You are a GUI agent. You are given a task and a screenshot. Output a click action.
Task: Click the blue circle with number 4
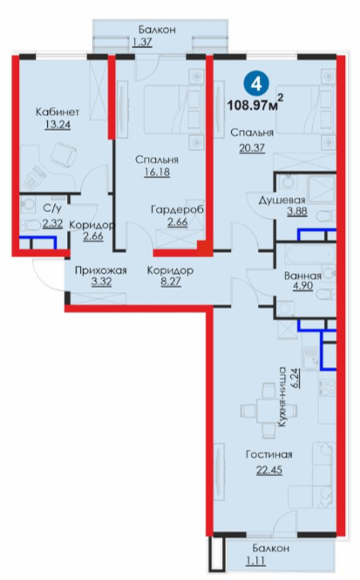(x=256, y=84)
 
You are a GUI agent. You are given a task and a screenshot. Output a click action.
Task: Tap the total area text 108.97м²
(x=255, y=104)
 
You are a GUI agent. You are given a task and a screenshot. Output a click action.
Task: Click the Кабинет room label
(x=58, y=112)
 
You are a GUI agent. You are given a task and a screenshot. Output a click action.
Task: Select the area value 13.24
(x=58, y=124)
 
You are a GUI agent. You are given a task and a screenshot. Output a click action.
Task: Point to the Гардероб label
(x=178, y=210)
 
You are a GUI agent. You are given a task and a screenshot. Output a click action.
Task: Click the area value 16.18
(x=157, y=172)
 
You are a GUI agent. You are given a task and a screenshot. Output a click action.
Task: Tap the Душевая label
(x=282, y=201)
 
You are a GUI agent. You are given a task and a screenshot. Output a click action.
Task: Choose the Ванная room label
(x=302, y=276)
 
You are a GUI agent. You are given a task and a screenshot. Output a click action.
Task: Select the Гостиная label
(x=269, y=454)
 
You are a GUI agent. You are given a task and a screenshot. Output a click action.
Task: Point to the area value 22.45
(x=269, y=470)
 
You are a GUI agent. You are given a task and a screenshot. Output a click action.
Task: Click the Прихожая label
(x=101, y=271)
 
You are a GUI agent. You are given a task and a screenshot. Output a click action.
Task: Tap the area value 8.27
(x=170, y=283)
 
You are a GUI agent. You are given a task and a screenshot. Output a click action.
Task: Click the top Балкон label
(x=157, y=30)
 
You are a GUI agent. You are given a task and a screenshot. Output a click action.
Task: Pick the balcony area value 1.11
(x=255, y=561)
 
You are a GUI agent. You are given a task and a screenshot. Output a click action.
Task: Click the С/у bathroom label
(x=52, y=208)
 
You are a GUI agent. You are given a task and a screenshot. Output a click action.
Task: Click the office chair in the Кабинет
(x=63, y=155)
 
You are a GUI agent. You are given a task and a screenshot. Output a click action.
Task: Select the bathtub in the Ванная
(x=311, y=254)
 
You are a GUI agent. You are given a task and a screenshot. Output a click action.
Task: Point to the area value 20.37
(x=252, y=148)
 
